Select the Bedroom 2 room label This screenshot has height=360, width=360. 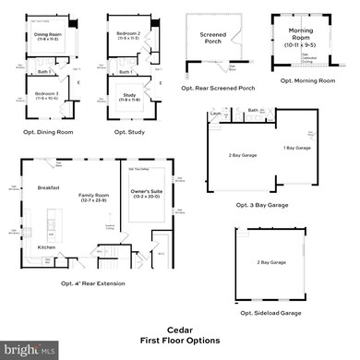tap(127, 34)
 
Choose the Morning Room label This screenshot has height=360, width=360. tap(300, 36)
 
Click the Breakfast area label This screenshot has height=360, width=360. tap(49, 187)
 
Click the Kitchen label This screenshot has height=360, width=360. tap(46, 246)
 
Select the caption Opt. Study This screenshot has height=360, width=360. tap(127, 132)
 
